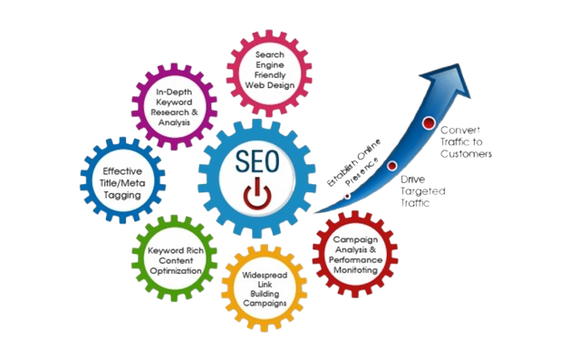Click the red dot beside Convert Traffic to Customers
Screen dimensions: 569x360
coord(428,123)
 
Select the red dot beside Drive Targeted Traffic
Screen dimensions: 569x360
coord(391,166)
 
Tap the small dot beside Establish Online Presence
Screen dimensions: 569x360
coord(348,196)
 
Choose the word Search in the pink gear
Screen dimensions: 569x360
coord(271,55)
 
